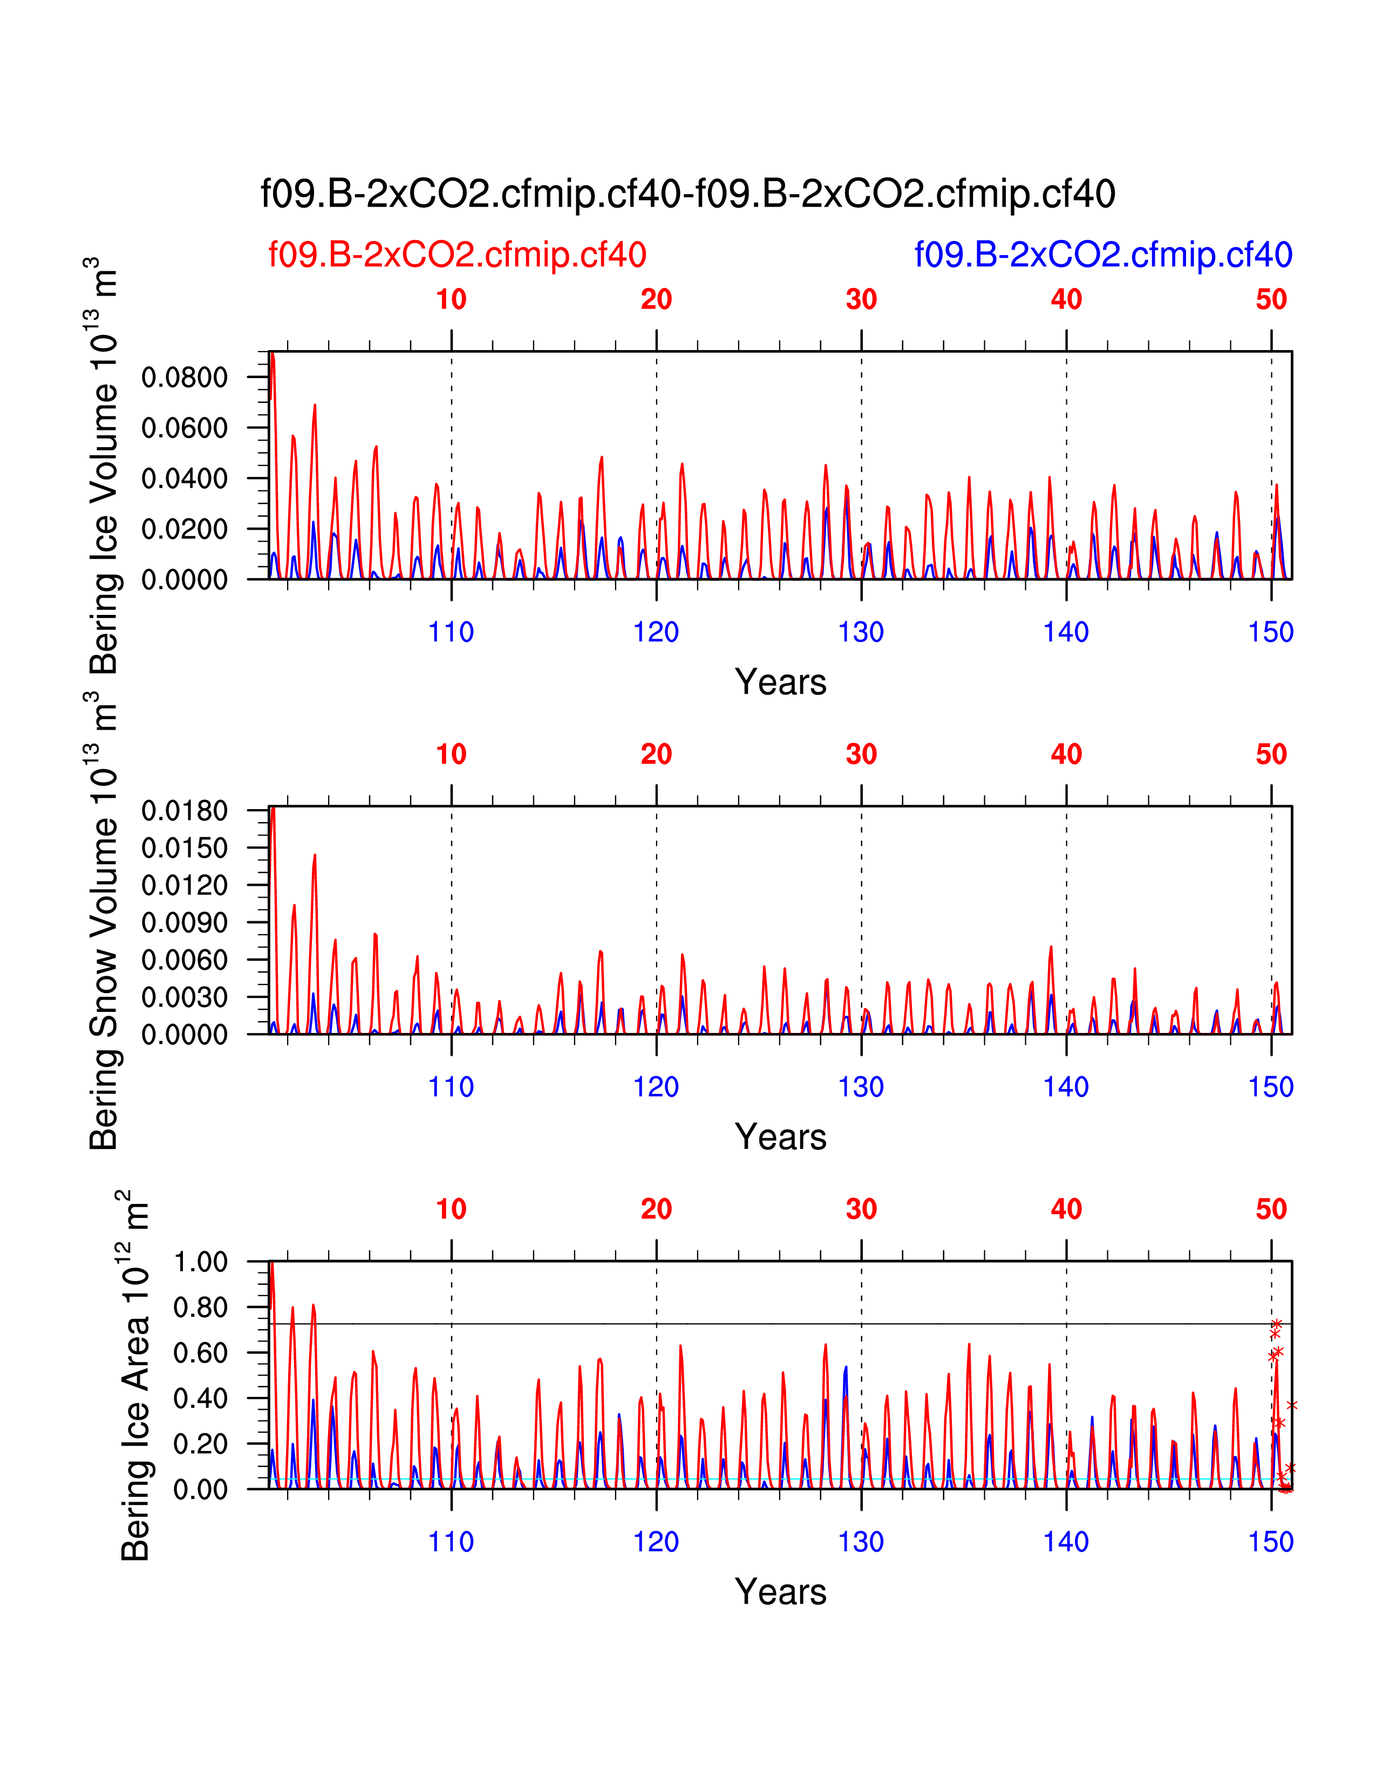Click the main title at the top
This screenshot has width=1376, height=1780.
pyautogui.click(x=687, y=194)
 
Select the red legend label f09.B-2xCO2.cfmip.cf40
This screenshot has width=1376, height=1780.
pyautogui.click(x=457, y=255)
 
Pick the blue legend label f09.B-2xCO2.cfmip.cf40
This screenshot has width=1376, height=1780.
pyautogui.click(x=1103, y=255)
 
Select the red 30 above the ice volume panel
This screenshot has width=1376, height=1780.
pyautogui.click(x=861, y=300)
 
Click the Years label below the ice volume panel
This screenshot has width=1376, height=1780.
pyautogui.click(x=780, y=682)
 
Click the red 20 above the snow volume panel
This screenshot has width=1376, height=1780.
pyautogui.click(x=656, y=755)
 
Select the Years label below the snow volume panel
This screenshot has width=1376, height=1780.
pyautogui.click(x=780, y=1137)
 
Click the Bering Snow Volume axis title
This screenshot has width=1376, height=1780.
pyautogui.click(x=104, y=921)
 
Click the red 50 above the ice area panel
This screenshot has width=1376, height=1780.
pyautogui.click(x=1271, y=1209)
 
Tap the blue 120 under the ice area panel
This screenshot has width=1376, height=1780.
pyautogui.click(x=656, y=1542)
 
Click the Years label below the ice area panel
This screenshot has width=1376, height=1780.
pyautogui.click(x=780, y=1592)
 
